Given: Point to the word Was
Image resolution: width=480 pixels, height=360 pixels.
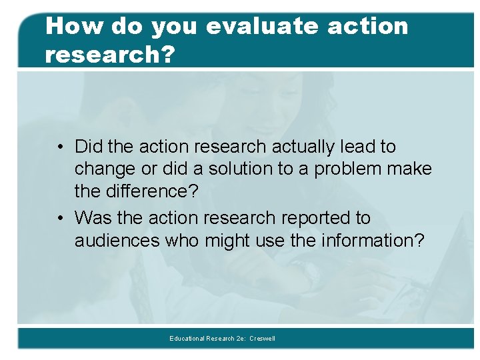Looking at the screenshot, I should (92, 218).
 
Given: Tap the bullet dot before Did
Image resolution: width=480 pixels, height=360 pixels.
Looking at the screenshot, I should (60, 147).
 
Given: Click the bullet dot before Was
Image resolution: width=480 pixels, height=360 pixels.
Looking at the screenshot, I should (60, 219).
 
